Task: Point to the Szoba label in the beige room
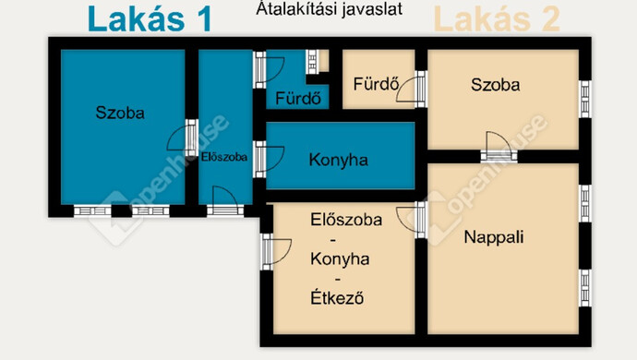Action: (495, 85)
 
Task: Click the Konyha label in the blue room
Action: (338, 160)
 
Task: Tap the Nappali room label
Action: (493, 237)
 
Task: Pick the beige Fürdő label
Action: (375, 85)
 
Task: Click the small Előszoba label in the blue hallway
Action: (224, 157)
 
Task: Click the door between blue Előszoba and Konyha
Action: (260, 158)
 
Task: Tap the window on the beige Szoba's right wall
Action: (584, 95)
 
